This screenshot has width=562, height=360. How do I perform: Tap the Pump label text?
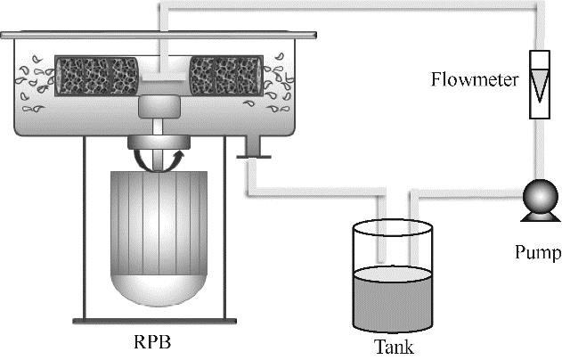coord(538,253)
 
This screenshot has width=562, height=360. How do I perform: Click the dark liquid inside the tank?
coord(392,299)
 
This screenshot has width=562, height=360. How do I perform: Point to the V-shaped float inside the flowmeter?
coord(541,85)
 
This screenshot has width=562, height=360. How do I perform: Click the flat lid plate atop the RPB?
coord(160,36)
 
